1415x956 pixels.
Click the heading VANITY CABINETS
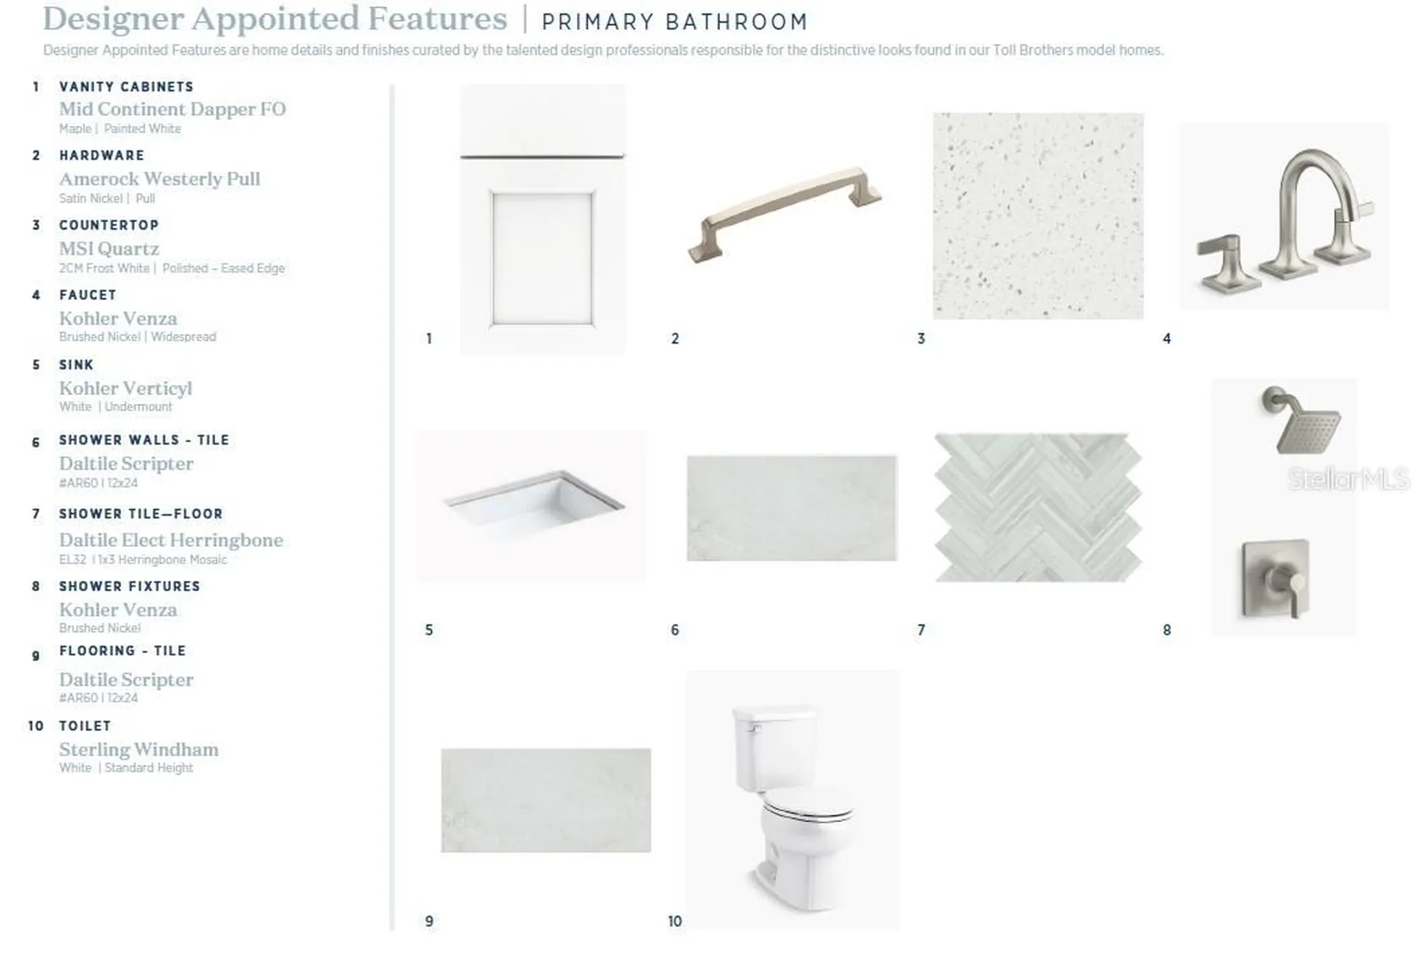pyautogui.click(x=126, y=87)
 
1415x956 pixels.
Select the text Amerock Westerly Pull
pyautogui.click(x=160, y=179)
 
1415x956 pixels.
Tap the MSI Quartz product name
pyautogui.click(x=109, y=249)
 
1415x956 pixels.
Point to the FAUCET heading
pyautogui.click(x=88, y=295)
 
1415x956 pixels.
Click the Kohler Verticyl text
pyautogui.click(x=126, y=388)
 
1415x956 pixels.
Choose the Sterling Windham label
pyautogui.click(x=139, y=750)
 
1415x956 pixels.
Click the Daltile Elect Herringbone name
pyautogui.click(x=171, y=540)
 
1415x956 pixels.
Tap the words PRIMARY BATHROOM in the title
pyautogui.click(x=674, y=22)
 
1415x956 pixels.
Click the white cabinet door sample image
pyautogui.click(x=542, y=219)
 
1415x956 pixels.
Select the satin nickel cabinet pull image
pyautogui.click(x=784, y=214)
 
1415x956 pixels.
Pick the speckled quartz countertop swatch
pyautogui.click(x=1038, y=216)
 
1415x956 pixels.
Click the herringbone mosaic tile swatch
pyautogui.click(x=1038, y=508)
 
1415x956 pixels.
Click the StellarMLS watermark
pyautogui.click(x=1349, y=479)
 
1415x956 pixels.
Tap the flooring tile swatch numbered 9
pyautogui.click(x=546, y=800)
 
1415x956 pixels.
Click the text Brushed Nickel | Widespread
pyautogui.click(x=138, y=337)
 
